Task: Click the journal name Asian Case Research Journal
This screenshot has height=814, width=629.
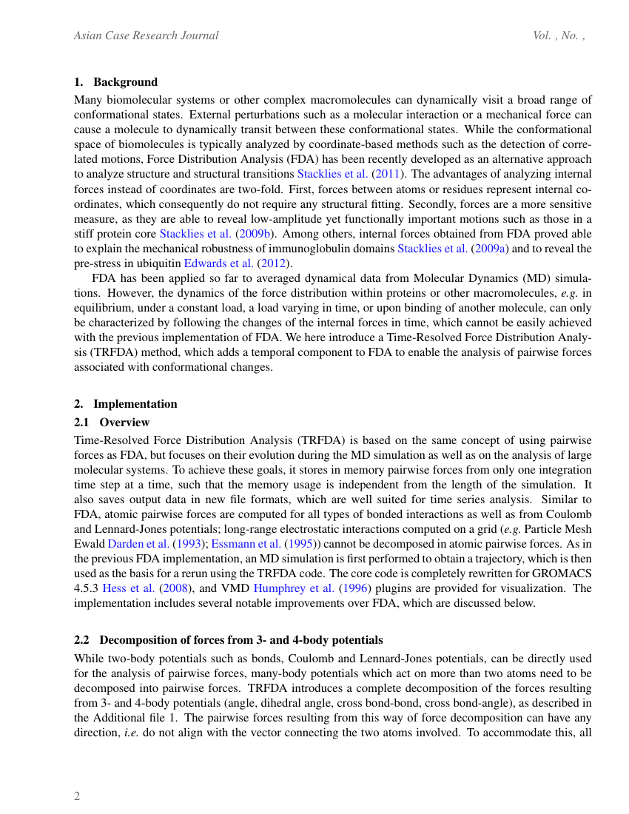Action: [x=146, y=36]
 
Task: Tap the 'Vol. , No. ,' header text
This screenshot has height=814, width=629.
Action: [x=559, y=36]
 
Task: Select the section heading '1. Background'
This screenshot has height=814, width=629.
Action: [x=115, y=81]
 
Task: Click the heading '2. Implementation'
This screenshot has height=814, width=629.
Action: [x=125, y=403]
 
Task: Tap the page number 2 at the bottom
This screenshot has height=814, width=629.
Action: [x=77, y=796]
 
